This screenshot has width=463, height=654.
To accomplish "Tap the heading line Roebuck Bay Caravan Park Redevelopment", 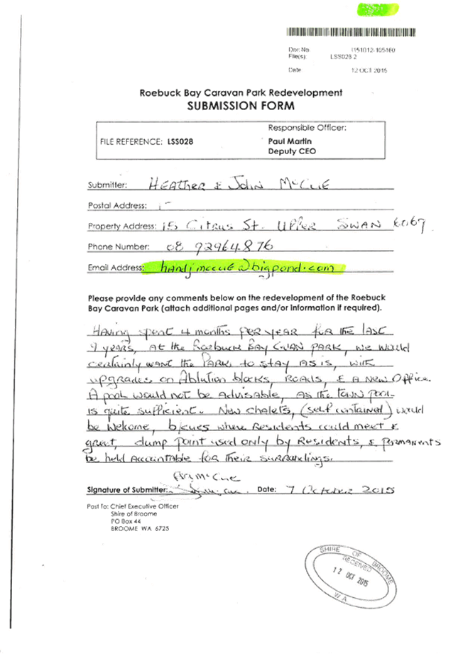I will click(x=241, y=93).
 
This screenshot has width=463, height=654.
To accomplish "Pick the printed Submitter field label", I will click(x=107, y=185).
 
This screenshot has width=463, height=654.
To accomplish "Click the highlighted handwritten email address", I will click(x=244, y=268).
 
